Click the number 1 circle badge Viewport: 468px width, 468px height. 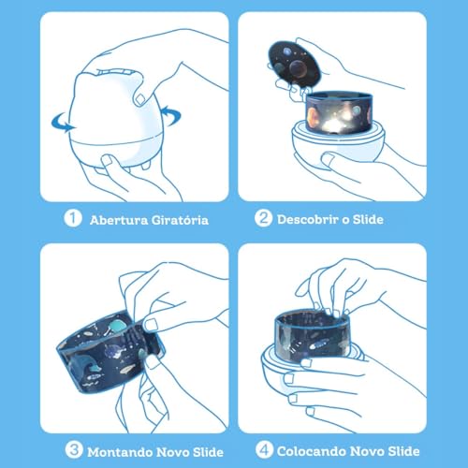pos(71,219)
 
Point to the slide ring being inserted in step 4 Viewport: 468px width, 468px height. pos(318,334)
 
